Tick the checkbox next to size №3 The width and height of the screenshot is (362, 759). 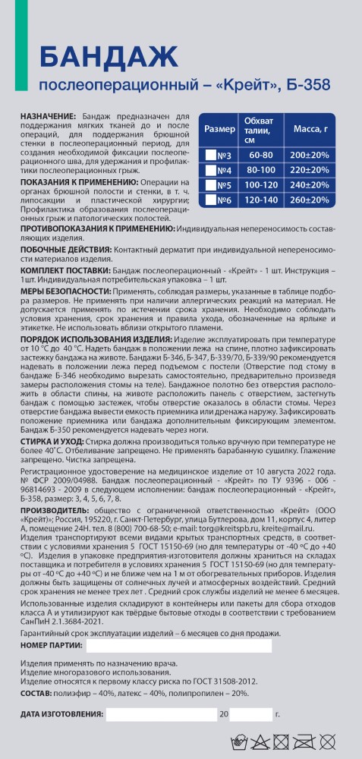pyautogui.click(x=211, y=155)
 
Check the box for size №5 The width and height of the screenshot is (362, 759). pyautogui.click(x=211, y=184)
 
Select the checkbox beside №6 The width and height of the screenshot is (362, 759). pyautogui.click(x=211, y=200)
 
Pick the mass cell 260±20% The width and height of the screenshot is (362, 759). pyautogui.click(x=309, y=200)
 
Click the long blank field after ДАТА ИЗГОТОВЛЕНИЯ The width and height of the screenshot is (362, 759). pyautogui.click(x=161, y=714)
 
